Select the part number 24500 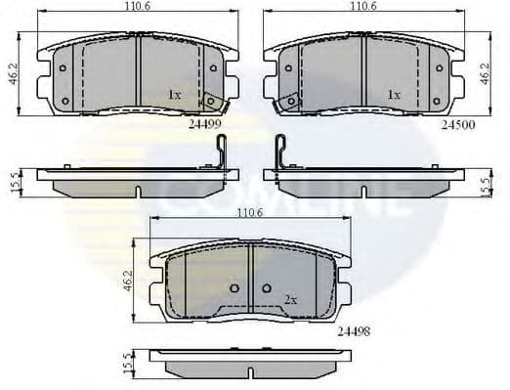tap(458, 125)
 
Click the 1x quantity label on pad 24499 tap(174, 95)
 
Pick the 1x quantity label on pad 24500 tap(394, 95)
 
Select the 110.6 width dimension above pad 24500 tap(363, 8)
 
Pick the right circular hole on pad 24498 tap(266, 288)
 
